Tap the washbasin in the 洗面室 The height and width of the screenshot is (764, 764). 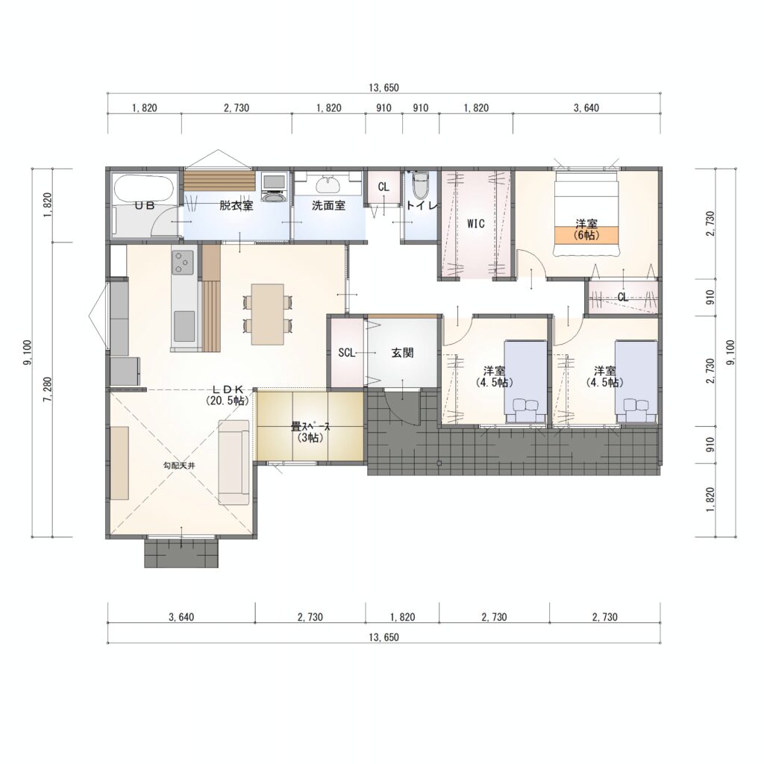coord(329,185)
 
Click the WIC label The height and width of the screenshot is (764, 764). coord(475,224)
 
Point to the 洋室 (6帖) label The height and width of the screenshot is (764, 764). coord(586,229)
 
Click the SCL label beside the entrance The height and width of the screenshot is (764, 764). coord(346,353)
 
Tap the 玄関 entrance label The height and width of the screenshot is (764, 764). coord(402,353)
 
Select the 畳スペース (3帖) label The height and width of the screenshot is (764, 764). coord(310,432)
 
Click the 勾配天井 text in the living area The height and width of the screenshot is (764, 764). coord(179,466)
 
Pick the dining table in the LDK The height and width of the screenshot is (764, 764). coord(268,314)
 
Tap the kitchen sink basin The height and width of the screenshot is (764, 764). coord(184,326)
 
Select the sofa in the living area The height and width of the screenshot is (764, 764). coord(234,462)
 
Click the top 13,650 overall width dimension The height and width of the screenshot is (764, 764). coord(384,88)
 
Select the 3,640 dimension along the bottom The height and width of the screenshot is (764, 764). coord(181,617)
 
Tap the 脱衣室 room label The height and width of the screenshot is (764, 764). coord(236,206)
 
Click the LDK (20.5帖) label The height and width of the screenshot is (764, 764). coord(227,395)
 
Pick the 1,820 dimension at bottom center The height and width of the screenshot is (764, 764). coord(402,617)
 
